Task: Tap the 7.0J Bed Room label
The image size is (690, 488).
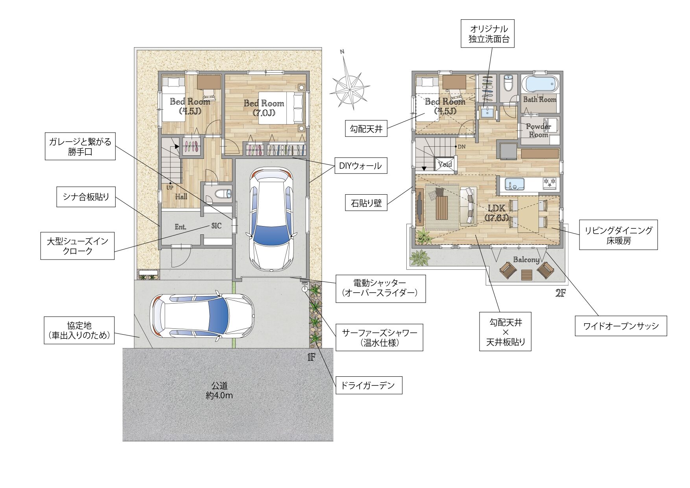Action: coord(264,108)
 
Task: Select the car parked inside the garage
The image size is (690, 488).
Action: coord(271,219)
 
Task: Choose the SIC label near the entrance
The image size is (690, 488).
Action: coord(216,226)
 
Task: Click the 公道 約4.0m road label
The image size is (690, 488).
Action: coord(219,390)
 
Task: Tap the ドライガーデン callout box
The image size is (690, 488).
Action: coord(369,385)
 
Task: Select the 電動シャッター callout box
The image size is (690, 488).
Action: coord(380,288)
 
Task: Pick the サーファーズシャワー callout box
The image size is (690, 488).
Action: coord(379,337)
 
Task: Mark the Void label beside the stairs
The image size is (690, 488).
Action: coord(445,164)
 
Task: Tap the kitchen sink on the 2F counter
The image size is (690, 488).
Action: coord(515,184)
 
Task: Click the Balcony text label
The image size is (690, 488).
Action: coord(526,260)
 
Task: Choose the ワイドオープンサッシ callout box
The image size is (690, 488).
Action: coord(621,326)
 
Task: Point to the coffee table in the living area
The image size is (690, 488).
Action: coord(442,207)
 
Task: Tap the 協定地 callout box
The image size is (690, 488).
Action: coord(79,330)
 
